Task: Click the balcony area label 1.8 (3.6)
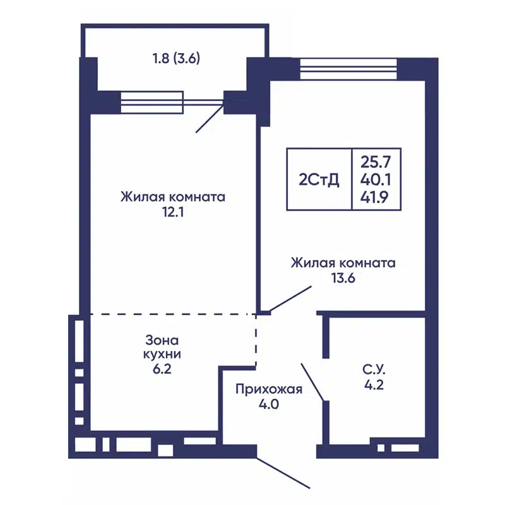[x=176, y=60]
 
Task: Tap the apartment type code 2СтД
[x=319, y=180]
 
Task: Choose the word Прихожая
[x=269, y=389]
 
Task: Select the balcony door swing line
[x=210, y=118]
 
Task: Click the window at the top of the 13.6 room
[x=348, y=66]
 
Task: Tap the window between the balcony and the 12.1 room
[x=151, y=102]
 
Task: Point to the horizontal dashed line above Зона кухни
[x=170, y=314]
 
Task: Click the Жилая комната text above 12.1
[x=173, y=197]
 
